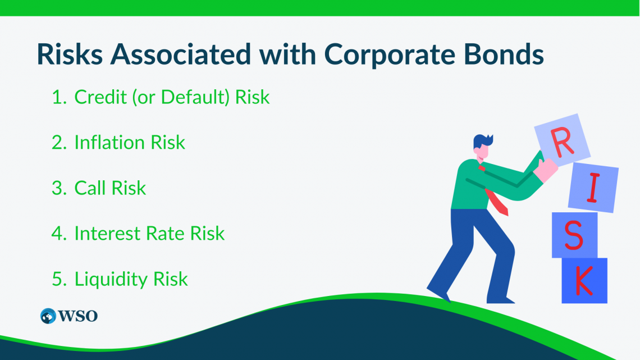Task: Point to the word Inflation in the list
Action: pos(109,143)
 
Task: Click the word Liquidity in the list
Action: pos(112,279)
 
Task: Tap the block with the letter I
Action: pos(593,189)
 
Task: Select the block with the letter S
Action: pos(574,235)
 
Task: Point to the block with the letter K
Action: pos(584,281)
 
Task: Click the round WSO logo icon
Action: pos(48,316)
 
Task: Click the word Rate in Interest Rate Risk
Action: pos(169,234)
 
